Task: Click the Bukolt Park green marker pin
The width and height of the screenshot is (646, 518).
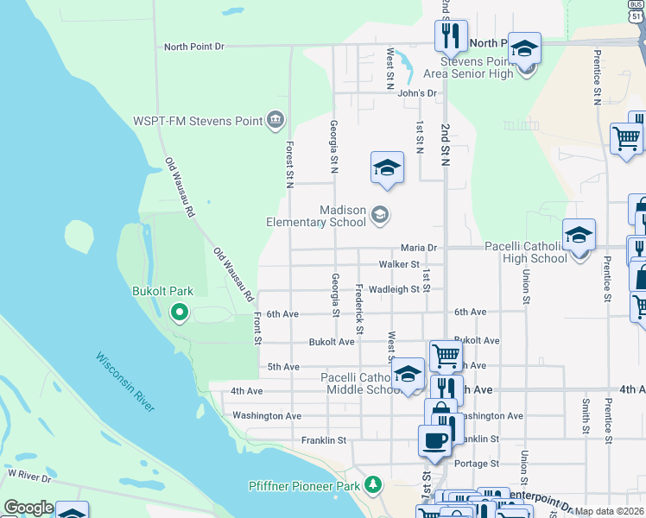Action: pyautogui.click(x=180, y=312)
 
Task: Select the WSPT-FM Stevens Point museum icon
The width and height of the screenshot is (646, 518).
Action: pyautogui.click(x=275, y=120)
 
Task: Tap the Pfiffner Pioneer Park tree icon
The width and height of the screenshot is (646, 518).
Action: pyautogui.click(x=373, y=485)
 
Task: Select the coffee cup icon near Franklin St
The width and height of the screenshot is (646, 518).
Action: pyautogui.click(x=434, y=440)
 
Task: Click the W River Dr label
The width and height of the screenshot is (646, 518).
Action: pyautogui.click(x=30, y=474)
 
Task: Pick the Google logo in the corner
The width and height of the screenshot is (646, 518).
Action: pyautogui.click(x=28, y=508)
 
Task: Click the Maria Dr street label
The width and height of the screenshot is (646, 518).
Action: pyautogui.click(x=418, y=248)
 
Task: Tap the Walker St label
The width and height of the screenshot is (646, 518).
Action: pyautogui.click(x=399, y=264)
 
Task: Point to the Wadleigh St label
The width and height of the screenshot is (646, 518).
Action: pyautogui.click(x=394, y=289)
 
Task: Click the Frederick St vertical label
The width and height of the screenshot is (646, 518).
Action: pyautogui.click(x=359, y=306)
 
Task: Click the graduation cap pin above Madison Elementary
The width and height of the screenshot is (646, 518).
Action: pyautogui.click(x=388, y=168)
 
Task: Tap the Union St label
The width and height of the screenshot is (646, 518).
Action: pyautogui.click(x=525, y=287)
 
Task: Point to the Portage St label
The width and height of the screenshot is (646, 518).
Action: pyautogui.click(x=472, y=464)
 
